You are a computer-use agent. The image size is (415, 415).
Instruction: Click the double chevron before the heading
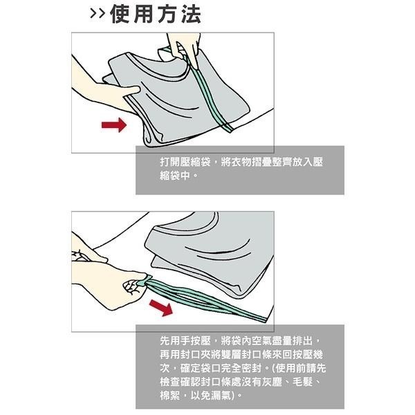(97, 14)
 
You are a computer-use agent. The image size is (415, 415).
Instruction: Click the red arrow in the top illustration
(114, 124)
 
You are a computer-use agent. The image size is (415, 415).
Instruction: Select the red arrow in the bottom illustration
(161, 307)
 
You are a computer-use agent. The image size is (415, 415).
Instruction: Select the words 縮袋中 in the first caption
(175, 175)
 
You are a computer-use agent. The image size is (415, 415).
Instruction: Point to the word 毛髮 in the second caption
(302, 382)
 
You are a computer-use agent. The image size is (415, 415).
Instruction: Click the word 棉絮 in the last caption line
(170, 396)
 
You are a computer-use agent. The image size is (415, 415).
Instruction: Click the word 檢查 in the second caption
(170, 382)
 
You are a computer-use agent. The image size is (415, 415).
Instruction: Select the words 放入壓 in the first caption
(308, 162)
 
